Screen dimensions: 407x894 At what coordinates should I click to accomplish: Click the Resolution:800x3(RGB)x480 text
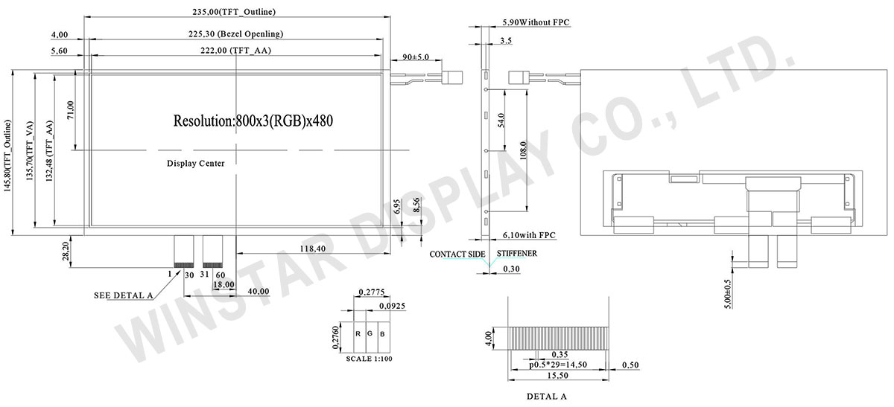(258, 120)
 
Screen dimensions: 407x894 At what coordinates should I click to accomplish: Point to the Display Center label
(195, 163)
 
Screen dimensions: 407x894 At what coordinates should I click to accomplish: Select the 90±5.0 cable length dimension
(416, 57)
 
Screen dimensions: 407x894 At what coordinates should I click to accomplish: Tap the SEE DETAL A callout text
(124, 295)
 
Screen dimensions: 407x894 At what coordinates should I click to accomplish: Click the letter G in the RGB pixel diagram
(370, 333)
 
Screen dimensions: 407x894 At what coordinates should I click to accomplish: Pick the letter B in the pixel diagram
(382, 333)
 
